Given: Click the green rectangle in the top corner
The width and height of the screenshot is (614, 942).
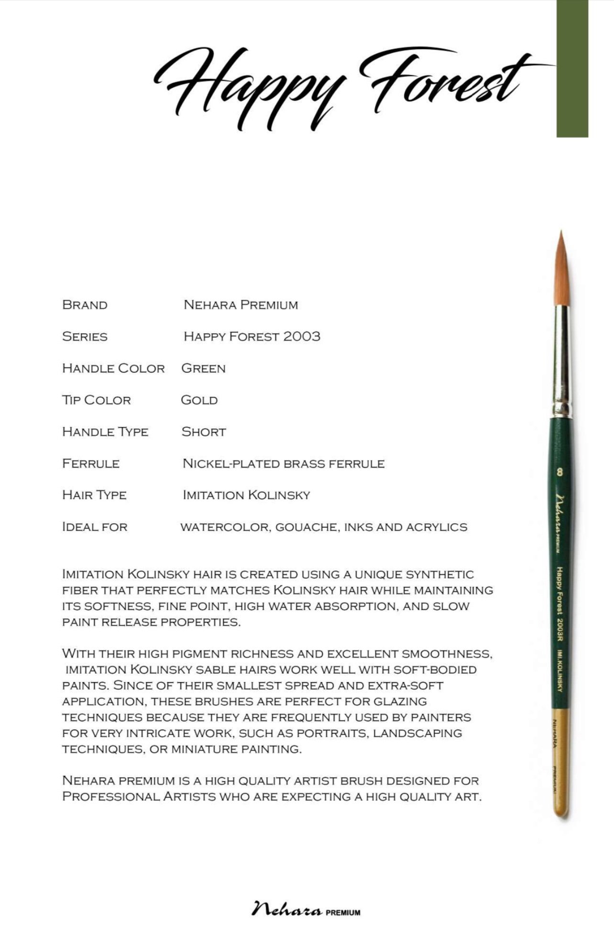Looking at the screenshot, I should [x=572, y=68].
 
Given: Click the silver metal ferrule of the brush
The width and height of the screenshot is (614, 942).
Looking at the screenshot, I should [x=562, y=359].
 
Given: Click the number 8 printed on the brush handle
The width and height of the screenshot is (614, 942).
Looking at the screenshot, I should [x=560, y=472].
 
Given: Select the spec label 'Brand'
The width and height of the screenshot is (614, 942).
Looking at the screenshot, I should [x=85, y=305].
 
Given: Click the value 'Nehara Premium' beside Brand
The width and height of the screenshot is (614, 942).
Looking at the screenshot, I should [x=241, y=305].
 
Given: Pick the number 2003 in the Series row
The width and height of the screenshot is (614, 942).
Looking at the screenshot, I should [x=301, y=336].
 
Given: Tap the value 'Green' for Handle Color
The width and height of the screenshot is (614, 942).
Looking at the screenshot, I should [x=203, y=368].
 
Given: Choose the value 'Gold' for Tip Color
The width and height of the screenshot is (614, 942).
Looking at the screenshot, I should [x=199, y=400].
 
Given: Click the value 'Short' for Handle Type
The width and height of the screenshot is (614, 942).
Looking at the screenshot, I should [x=203, y=432].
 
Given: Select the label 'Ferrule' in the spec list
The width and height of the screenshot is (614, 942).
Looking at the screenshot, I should [x=91, y=463].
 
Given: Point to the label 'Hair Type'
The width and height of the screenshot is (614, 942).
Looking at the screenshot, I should [x=94, y=495].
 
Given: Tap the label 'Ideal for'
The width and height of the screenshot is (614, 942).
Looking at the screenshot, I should [x=95, y=527].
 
